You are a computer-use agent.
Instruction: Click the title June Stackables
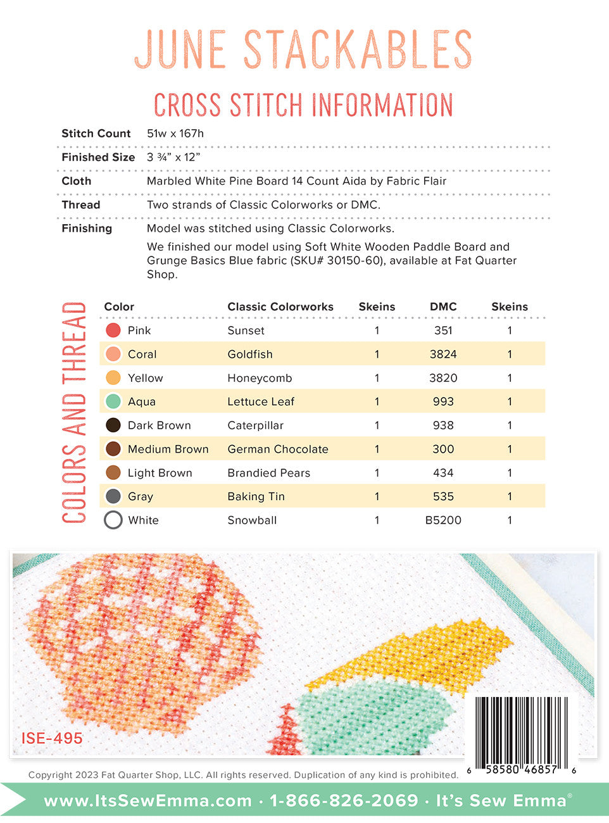tap(303, 49)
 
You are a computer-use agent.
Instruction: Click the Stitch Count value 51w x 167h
tap(175, 134)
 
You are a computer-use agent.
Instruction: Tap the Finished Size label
tap(98, 157)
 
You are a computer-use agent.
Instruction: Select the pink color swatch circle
tap(113, 330)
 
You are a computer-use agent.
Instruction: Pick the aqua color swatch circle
tap(113, 401)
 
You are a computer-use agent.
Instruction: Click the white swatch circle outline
tap(113, 520)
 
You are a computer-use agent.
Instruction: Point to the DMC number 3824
tap(443, 354)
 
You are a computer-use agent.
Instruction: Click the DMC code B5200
tap(443, 520)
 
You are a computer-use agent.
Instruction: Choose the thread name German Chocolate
tap(278, 449)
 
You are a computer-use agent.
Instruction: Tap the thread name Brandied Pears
tap(269, 473)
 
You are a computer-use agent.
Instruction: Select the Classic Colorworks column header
tap(280, 306)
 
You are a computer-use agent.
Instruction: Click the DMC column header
tap(443, 306)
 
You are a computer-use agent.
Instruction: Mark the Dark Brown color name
tap(159, 425)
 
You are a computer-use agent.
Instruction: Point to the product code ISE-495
tap(52, 738)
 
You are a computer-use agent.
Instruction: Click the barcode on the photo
tap(520, 729)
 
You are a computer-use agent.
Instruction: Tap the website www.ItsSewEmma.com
tap(148, 801)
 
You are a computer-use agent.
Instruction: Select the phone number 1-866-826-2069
tap(344, 801)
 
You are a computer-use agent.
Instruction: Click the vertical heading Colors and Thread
tap(74, 413)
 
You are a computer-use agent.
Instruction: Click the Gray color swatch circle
tap(113, 496)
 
